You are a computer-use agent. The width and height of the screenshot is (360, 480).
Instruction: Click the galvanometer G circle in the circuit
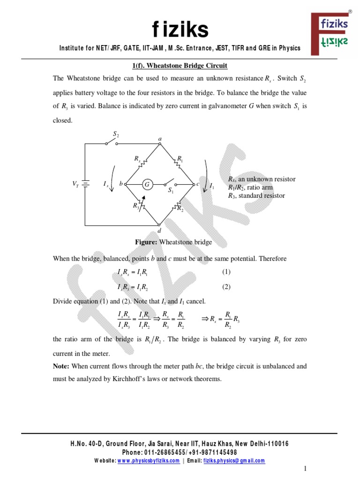[x=147, y=185]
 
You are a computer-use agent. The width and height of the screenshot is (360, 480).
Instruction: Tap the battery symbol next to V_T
[x=85, y=184]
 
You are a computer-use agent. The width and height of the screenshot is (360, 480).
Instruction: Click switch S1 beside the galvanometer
[x=171, y=184]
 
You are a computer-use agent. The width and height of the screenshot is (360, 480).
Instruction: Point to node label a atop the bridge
[x=160, y=139]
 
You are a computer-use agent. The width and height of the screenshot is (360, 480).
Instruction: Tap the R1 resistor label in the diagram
[x=180, y=159]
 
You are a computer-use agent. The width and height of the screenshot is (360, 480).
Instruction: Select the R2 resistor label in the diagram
[x=180, y=209]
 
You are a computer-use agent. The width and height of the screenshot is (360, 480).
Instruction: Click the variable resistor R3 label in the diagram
[x=135, y=205]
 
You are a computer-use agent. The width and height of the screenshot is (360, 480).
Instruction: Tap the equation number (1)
[x=226, y=272]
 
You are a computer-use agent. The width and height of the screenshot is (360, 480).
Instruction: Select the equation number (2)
[x=226, y=287]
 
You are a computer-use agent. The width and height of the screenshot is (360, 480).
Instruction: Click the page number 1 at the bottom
[x=305, y=469]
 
